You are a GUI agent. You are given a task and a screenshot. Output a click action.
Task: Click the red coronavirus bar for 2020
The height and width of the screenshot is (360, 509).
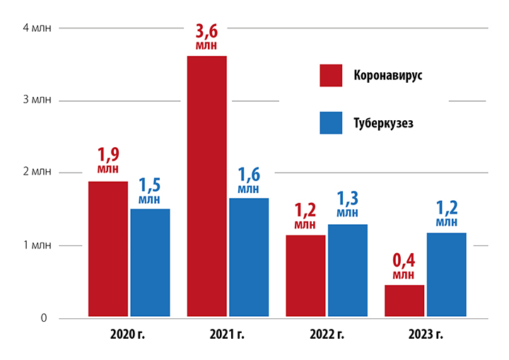(x=107, y=248)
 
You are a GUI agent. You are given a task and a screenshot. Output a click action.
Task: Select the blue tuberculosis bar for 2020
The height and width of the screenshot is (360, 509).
(x=150, y=262)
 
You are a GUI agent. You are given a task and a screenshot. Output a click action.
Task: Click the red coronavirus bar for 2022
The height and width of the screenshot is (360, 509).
(x=305, y=275)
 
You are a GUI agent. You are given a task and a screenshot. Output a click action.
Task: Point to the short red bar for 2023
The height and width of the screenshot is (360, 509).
(x=404, y=300)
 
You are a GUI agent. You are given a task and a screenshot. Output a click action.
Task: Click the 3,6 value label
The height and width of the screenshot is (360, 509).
(x=206, y=33)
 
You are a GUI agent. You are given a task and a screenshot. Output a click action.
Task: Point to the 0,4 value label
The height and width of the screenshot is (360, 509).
(x=404, y=262)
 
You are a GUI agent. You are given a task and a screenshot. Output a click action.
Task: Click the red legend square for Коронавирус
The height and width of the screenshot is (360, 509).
(x=331, y=75)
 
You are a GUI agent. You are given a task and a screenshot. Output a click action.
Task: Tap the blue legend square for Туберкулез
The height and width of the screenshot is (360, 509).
(x=331, y=123)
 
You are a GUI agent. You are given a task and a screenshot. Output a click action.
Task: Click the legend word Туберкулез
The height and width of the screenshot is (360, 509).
(x=383, y=123)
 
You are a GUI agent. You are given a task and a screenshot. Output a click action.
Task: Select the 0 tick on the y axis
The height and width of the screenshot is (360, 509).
(x=43, y=318)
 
